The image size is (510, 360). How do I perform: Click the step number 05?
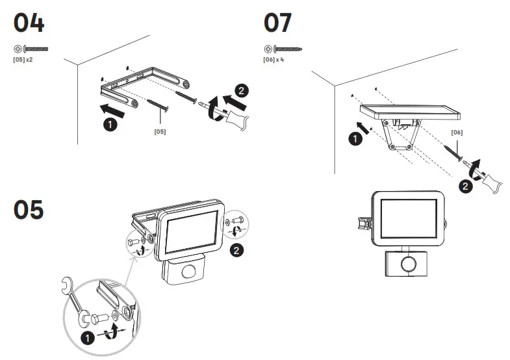(29, 209)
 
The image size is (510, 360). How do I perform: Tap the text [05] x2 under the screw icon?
(23, 59)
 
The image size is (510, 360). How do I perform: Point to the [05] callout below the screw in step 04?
(160, 132)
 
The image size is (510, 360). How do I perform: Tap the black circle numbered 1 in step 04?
(110, 125)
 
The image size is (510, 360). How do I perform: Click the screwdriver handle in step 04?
(241, 122)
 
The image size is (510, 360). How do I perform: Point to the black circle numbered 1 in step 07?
(354, 138)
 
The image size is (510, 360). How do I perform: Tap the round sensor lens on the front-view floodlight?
(407, 265)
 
